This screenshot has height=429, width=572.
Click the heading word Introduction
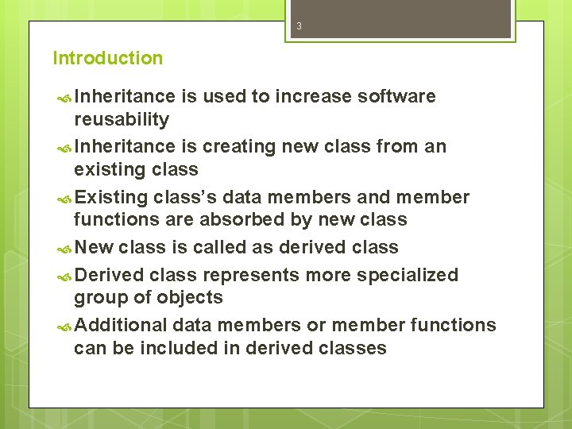click(x=107, y=58)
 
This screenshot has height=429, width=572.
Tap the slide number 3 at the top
click(x=299, y=26)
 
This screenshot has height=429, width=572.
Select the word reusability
click(x=121, y=120)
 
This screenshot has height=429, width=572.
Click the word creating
click(x=236, y=147)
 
